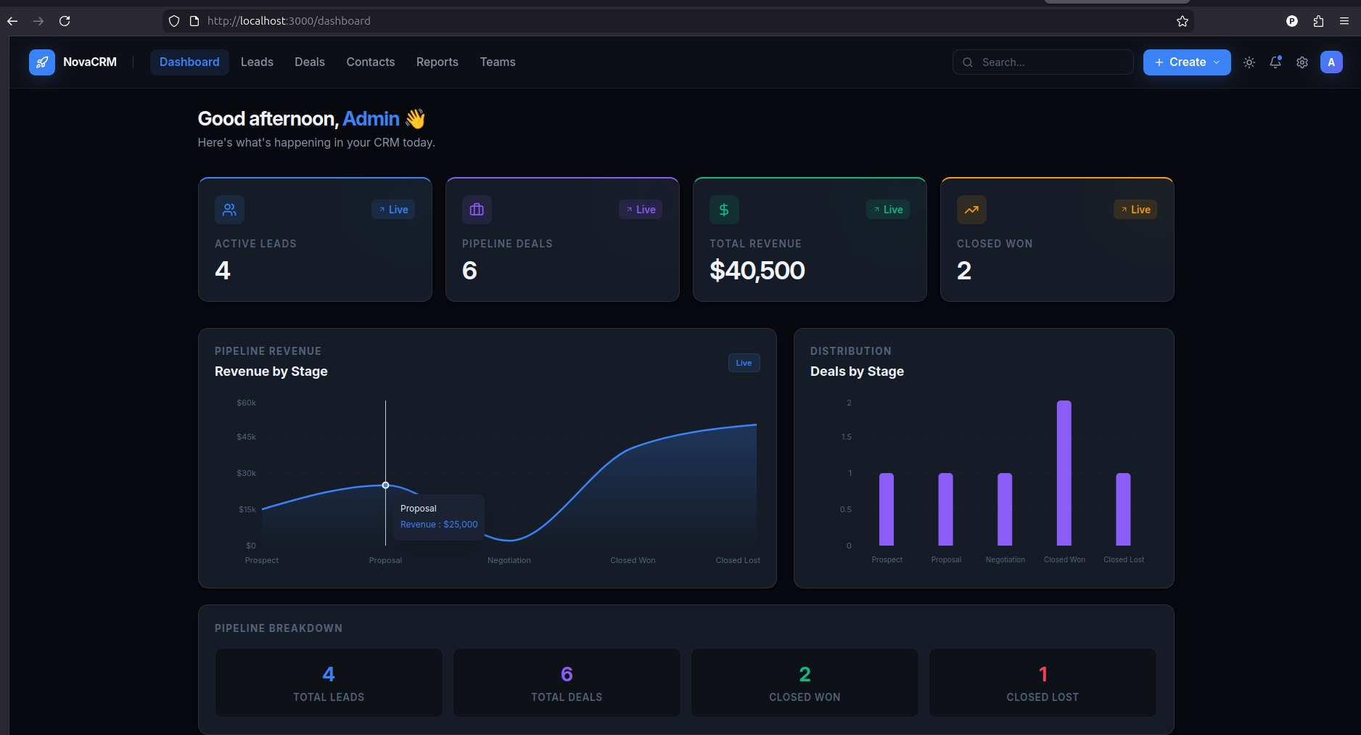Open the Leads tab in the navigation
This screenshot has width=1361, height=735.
point(257,62)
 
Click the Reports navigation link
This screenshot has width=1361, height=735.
point(437,62)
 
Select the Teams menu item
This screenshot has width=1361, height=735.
point(498,62)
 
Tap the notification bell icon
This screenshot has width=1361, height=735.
point(1275,62)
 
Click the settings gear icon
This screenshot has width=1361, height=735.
point(1302,62)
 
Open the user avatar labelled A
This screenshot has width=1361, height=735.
point(1331,62)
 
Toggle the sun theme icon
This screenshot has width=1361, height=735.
point(1249,62)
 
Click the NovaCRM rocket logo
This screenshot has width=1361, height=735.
point(42,62)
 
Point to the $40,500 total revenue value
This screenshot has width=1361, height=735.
point(757,271)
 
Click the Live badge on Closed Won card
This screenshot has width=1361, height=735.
point(1135,210)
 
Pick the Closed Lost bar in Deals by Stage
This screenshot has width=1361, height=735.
point(1123,509)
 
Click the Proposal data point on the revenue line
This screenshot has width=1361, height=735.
point(385,485)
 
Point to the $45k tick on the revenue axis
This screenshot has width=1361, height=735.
point(247,437)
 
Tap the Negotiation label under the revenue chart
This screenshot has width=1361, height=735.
point(509,560)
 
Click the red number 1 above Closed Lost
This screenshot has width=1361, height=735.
point(1043,674)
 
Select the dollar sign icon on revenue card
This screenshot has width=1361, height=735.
point(724,210)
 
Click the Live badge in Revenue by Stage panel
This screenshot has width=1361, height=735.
point(744,363)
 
